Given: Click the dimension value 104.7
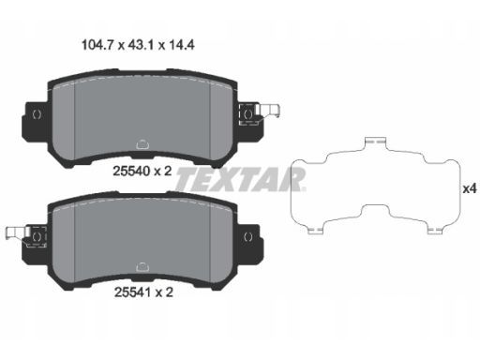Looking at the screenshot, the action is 97,45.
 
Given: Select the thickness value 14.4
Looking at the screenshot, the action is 182,45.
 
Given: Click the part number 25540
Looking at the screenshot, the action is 131,171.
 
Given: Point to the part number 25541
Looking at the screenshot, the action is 133,292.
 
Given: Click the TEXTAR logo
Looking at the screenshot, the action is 240,179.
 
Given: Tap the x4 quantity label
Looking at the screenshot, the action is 470,188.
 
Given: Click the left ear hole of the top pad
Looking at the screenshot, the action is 37,114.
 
